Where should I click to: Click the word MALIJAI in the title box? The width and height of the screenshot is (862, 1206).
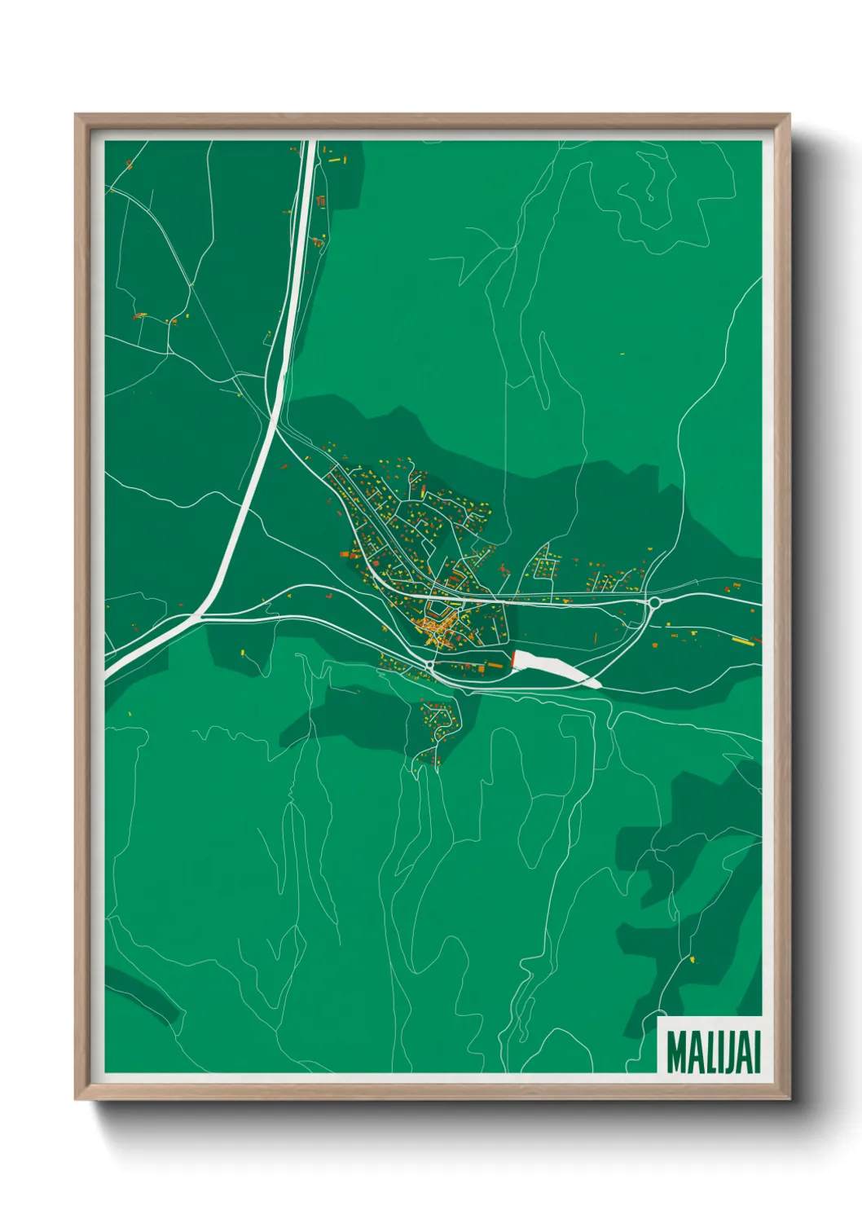tap(713, 1052)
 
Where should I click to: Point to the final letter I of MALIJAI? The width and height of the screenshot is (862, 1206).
tap(756, 1052)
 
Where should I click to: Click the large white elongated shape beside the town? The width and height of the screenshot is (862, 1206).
tap(554, 667)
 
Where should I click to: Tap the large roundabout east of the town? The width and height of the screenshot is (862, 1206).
tap(653, 603)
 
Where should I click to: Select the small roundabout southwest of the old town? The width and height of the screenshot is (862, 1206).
tap(429, 666)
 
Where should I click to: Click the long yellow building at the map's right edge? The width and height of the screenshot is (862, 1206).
tap(742, 640)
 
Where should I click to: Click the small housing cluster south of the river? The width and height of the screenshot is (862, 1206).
tap(437, 729)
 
